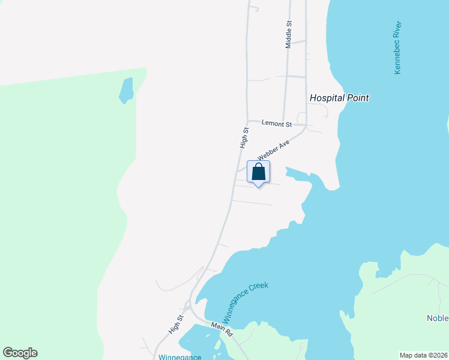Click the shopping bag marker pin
[x=258, y=172]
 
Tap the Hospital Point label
[x=339, y=98]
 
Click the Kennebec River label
[x=397, y=48]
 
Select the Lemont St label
[x=277, y=124]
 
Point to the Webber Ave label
[x=274, y=151]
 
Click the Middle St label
[x=289, y=35]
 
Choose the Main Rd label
[x=221, y=328]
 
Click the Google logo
[x=20, y=353]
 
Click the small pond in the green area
[x=126, y=90]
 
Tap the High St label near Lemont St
[x=244, y=138]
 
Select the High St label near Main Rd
[x=175, y=325]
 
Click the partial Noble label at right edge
[x=438, y=318]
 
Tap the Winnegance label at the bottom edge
[x=179, y=356]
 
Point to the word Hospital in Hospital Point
[x=326, y=98]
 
